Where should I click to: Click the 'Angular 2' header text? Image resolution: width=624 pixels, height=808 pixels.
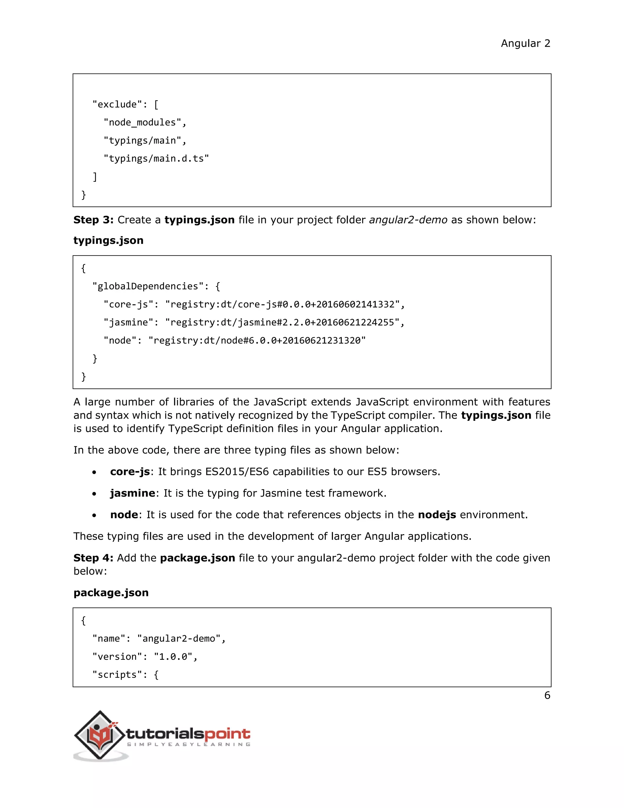click(x=525, y=44)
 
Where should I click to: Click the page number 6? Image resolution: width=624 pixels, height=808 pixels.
click(x=547, y=695)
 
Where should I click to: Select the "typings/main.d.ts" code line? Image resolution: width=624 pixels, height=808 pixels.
click(x=156, y=159)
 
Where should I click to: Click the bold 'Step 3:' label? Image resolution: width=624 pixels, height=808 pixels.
click(x=93, y=220)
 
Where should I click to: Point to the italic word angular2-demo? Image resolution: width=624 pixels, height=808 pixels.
click(x=408, y=220)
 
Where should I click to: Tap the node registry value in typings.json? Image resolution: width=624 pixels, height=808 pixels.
click(x=257, y=340)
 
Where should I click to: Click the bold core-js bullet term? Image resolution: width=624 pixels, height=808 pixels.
click(x=130, y=472)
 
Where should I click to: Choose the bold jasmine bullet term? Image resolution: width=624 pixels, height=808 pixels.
click(x=132, y=493)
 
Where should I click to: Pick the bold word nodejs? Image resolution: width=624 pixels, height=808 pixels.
click(x=437, y=515)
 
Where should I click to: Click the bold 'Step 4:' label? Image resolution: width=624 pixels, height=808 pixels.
click(x=93, y=558)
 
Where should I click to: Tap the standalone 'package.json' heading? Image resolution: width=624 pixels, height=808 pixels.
click(x=111, y=593)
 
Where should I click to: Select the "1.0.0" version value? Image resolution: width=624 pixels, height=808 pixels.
click(x=173, y=657)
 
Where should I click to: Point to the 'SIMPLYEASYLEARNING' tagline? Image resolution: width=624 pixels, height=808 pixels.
click(x=189, y=744)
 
